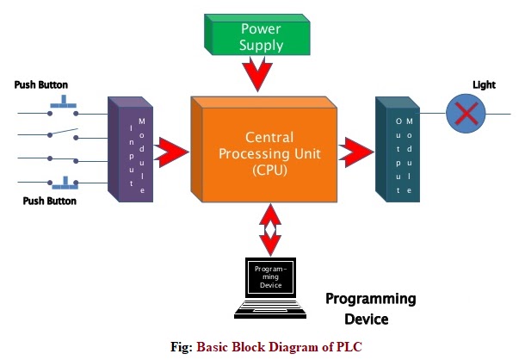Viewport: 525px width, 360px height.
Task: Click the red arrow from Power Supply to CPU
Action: click(257, 74)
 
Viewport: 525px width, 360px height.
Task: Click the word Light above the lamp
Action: click(484, 84)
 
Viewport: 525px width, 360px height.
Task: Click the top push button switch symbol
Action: click(64, 108)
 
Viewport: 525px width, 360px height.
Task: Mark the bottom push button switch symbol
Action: click(64, 182)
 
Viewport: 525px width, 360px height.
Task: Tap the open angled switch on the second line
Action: click(64, 133)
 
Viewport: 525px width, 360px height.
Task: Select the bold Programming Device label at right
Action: click(370, 308)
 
